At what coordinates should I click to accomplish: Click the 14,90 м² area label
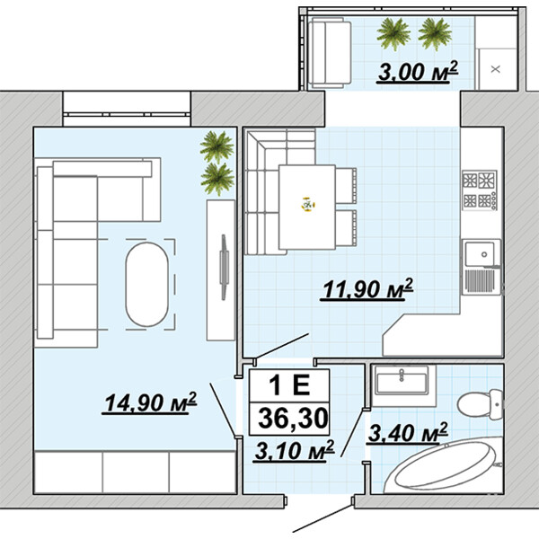150,402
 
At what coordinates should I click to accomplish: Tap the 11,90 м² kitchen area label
367,288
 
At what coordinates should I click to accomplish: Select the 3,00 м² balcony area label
418,72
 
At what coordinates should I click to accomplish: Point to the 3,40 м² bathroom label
408,432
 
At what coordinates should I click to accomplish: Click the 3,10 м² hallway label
295,450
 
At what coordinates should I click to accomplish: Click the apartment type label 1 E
290,385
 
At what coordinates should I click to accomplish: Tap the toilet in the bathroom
481,404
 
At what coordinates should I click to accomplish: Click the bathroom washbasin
402,380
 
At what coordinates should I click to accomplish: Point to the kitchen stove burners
480,190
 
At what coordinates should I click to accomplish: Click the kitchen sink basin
481,254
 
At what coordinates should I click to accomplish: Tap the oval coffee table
147,284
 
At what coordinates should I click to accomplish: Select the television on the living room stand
224,267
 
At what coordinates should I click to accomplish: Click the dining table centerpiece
308,205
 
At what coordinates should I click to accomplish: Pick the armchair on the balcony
330,52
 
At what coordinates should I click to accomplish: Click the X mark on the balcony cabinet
495,69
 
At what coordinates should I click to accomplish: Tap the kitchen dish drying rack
481,281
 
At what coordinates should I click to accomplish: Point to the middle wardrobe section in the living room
136,472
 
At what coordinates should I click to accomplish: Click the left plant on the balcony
393,34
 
